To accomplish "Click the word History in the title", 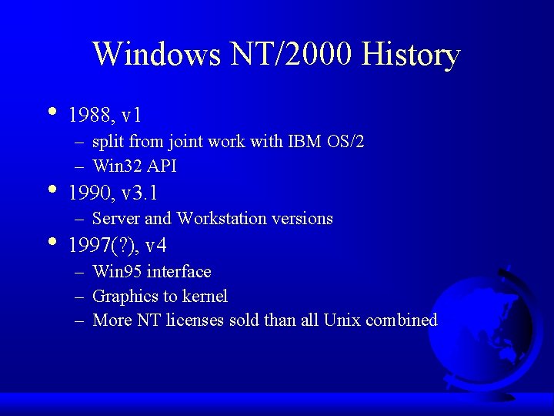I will pyautogui.click(x=411, y=55).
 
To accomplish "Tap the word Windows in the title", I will pyautogui.click(x=156, y=55).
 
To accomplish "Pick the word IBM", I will pyautogui.click(x=306, y=142).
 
